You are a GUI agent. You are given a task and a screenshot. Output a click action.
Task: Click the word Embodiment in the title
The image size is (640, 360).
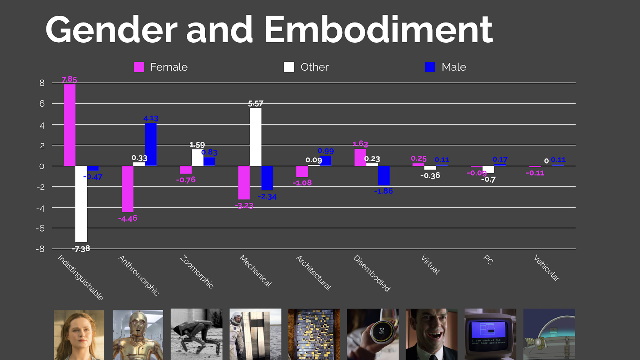378,30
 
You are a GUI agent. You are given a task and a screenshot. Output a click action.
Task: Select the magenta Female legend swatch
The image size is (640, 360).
138,67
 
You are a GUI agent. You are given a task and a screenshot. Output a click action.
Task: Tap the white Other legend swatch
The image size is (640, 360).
289,67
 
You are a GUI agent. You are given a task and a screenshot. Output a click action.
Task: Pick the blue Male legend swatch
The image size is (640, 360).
430,67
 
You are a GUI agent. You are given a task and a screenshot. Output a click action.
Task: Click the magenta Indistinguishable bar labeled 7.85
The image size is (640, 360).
69,125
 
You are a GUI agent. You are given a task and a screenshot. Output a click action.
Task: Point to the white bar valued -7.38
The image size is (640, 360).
81,204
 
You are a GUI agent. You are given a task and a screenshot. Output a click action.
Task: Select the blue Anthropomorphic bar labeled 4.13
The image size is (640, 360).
151,144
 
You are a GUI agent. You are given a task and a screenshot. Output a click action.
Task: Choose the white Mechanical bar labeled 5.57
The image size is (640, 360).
255,137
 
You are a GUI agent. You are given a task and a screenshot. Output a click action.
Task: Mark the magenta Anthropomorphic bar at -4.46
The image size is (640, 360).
128,189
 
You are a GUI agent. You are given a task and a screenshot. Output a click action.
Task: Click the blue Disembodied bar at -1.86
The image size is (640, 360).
384,176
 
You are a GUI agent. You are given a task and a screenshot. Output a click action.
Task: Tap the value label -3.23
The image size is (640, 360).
244,206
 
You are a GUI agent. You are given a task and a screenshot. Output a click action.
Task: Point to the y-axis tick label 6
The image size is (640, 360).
42,104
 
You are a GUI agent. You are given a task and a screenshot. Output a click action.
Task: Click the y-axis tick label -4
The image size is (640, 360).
40,208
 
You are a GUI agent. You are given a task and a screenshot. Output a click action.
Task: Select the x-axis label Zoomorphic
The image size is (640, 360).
197,272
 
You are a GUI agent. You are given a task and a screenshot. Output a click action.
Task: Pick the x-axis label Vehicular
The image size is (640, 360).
546,268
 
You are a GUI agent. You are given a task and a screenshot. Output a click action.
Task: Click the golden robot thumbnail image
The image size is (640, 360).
138,334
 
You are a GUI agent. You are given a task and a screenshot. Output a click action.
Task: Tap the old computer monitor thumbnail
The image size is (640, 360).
490,334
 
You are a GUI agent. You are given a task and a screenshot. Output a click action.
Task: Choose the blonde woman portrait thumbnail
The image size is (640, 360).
79,334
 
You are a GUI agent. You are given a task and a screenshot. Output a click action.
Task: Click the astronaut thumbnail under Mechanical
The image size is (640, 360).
255,334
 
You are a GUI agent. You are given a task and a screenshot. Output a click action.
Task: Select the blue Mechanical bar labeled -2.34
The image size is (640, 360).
267,178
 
